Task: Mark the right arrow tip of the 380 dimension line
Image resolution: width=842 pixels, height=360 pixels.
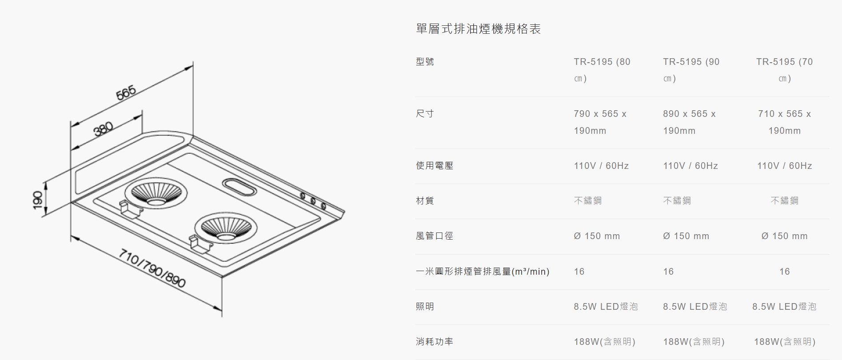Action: coord(142,116)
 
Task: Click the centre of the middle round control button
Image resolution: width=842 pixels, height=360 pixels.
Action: coord(313,201)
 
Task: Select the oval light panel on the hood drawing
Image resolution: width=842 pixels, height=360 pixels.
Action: coord(239,186)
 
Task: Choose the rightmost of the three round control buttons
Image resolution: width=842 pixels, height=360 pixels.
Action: coord(323,206)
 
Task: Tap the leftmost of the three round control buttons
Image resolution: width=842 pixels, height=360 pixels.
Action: coord(303,196)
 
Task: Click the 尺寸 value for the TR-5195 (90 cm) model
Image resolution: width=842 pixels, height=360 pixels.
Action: coord(689,122)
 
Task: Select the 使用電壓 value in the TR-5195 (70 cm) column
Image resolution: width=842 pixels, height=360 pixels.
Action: coord(785,166)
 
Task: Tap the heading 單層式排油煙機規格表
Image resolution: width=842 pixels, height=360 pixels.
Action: coord(478,29)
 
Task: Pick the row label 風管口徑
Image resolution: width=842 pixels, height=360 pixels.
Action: coord(435,236)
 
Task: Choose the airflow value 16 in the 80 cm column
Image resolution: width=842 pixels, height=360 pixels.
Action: coord(579,272)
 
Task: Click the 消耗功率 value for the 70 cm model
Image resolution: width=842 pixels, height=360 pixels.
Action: coord(785,342)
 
